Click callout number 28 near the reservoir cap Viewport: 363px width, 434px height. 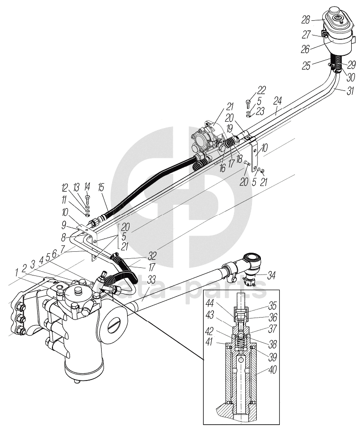[x=306, y=20]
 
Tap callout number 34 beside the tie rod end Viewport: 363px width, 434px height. [x=271, y=274]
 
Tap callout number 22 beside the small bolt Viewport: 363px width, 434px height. [x=261, y=89]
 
